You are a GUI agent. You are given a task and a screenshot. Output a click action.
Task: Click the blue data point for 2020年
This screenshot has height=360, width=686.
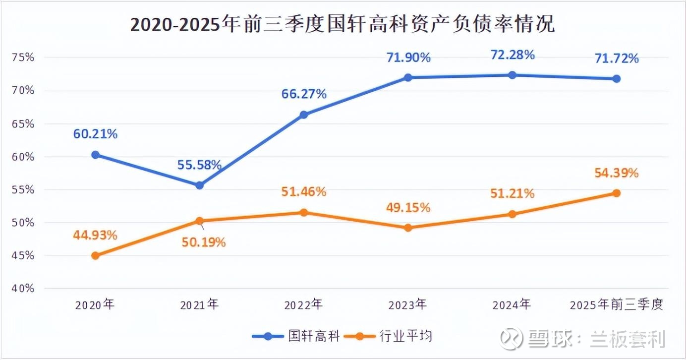[x=96, y=155]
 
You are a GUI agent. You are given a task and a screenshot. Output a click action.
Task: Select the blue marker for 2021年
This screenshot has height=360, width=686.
[x=199, y=185]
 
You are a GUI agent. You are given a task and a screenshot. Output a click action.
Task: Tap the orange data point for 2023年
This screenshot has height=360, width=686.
[x=408, y=228]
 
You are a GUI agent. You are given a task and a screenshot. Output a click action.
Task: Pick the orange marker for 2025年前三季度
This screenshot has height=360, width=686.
[x=617, y=193]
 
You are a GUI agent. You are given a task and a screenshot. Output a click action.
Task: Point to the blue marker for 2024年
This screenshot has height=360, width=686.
[x=513, y=75]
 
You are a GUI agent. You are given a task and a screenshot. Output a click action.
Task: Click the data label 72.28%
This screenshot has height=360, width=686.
[x=513, y=55]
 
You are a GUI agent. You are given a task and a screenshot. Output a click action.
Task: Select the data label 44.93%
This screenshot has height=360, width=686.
[x=95, y=235]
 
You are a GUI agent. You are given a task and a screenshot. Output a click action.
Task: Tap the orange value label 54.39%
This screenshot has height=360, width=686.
[x=617, y=173]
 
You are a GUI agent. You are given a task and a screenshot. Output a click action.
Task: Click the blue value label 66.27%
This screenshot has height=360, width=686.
[x=304, y=94]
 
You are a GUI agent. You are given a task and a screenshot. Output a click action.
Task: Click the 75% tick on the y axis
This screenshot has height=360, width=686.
[x=23, y=57]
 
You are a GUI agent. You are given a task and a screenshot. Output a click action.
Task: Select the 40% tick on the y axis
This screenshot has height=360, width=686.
[x=23, y=289]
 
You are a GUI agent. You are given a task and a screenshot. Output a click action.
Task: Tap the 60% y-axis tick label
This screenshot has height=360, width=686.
[x=23, y=157]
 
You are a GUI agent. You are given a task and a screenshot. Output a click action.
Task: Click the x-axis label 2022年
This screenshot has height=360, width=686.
[x=303, y=304]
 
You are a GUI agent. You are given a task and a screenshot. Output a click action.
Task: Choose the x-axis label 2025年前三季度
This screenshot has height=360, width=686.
[x=616, y=304]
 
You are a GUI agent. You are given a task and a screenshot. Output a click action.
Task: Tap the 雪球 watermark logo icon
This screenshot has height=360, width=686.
[x=511, y=338]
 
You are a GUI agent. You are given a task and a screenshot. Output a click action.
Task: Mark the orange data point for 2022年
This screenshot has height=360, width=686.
[x=304, y=212]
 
